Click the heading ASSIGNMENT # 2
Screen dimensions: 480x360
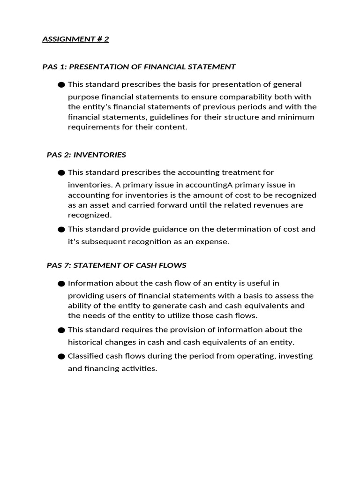(75, 39)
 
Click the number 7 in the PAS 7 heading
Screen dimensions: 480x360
(66, 265)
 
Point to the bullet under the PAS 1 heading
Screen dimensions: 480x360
(61, 85)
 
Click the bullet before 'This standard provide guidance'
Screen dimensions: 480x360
(61, 230)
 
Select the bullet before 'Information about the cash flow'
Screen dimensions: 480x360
(61, 284)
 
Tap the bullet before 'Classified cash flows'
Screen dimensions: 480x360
(61, 356)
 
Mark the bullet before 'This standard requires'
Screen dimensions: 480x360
(61, 330)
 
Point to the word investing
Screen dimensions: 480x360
(295, 356)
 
